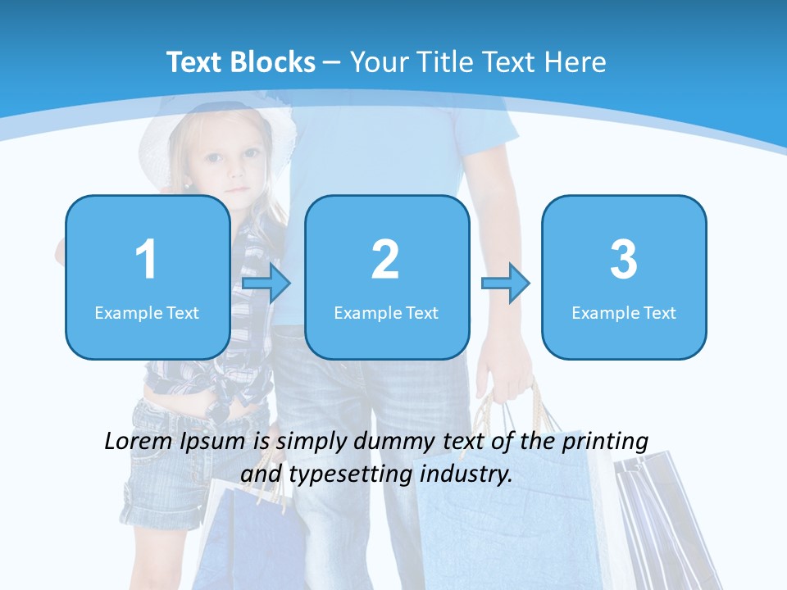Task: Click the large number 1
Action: tap(146, 260)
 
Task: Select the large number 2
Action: tap(385, 260)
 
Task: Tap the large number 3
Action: tap(624, 260)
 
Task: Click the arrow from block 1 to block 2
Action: tap(266, 284)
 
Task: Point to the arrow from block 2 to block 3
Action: tap(506, 284)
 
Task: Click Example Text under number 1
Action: tap(147, 312)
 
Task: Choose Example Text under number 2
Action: tap(386, 312)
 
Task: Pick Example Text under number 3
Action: tap(624, 312)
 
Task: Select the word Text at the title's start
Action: tap(194, 62)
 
